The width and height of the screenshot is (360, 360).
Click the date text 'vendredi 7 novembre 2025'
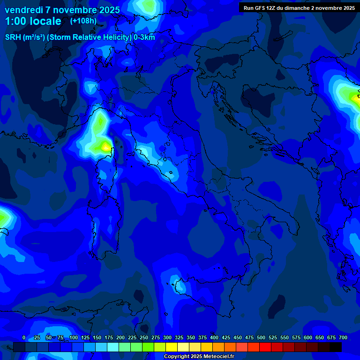pyautogui.click(x=62, y=10)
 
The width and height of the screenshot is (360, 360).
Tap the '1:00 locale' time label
pyautogui.click(x=33, y=21)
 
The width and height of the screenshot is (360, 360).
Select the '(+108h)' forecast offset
pyautogui.click(x=83, y=21)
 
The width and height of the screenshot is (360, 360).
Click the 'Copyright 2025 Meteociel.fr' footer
pyautogui.click(x=199, y=357)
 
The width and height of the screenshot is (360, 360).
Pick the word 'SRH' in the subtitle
pyautogui.click(x=13, y=37)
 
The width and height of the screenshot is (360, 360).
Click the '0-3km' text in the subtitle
pyautogui.click(x=144, y=37)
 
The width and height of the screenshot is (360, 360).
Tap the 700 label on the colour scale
pyautogui.click(x=343, y=337)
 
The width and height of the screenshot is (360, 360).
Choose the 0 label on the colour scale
pyautogui.click(x=24, y=337)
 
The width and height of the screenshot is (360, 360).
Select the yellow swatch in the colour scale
pyautogui.click(x=172, y=347)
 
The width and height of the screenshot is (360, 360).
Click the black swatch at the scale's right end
pyautogui.click(x=336, y=347)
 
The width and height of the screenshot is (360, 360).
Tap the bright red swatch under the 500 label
pyautogui.click(x=265, y=347)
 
